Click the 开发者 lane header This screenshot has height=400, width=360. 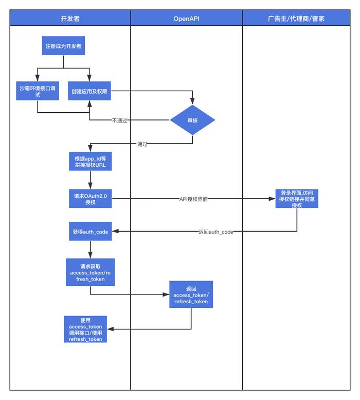(x=70, y=18)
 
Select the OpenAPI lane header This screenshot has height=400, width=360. (x=186, y=18)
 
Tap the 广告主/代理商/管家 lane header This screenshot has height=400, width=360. (x=296, y=18)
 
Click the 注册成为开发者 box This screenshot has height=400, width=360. (x=63, y=46)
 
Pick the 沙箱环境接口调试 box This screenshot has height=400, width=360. (x=38, y=91)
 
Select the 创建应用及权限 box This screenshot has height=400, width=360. (x=89, y=91)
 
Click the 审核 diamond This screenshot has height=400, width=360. (x=192, y=120)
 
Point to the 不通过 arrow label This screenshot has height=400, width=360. (x=119, y=120)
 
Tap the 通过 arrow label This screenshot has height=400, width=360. (x=142, y=144)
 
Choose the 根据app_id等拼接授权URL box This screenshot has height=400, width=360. (x=90, y=161)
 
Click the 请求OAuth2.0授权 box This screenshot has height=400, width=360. (x=90, y=199)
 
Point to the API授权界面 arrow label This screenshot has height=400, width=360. (x=193, y=199)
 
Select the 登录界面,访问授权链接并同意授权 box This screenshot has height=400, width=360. (x=297, y=199)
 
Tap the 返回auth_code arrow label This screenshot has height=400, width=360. (x=216, y=232)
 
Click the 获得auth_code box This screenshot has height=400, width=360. (x=90, y=231)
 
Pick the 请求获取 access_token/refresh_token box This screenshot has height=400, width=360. (x=90, y=272)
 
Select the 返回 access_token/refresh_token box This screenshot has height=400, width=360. (x=191, y=294)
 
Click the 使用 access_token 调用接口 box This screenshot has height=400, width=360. (x=85, y=329)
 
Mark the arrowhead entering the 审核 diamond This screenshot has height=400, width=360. (x=192, y=101)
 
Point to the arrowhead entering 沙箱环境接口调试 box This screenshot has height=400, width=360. (x=38, y=78)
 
